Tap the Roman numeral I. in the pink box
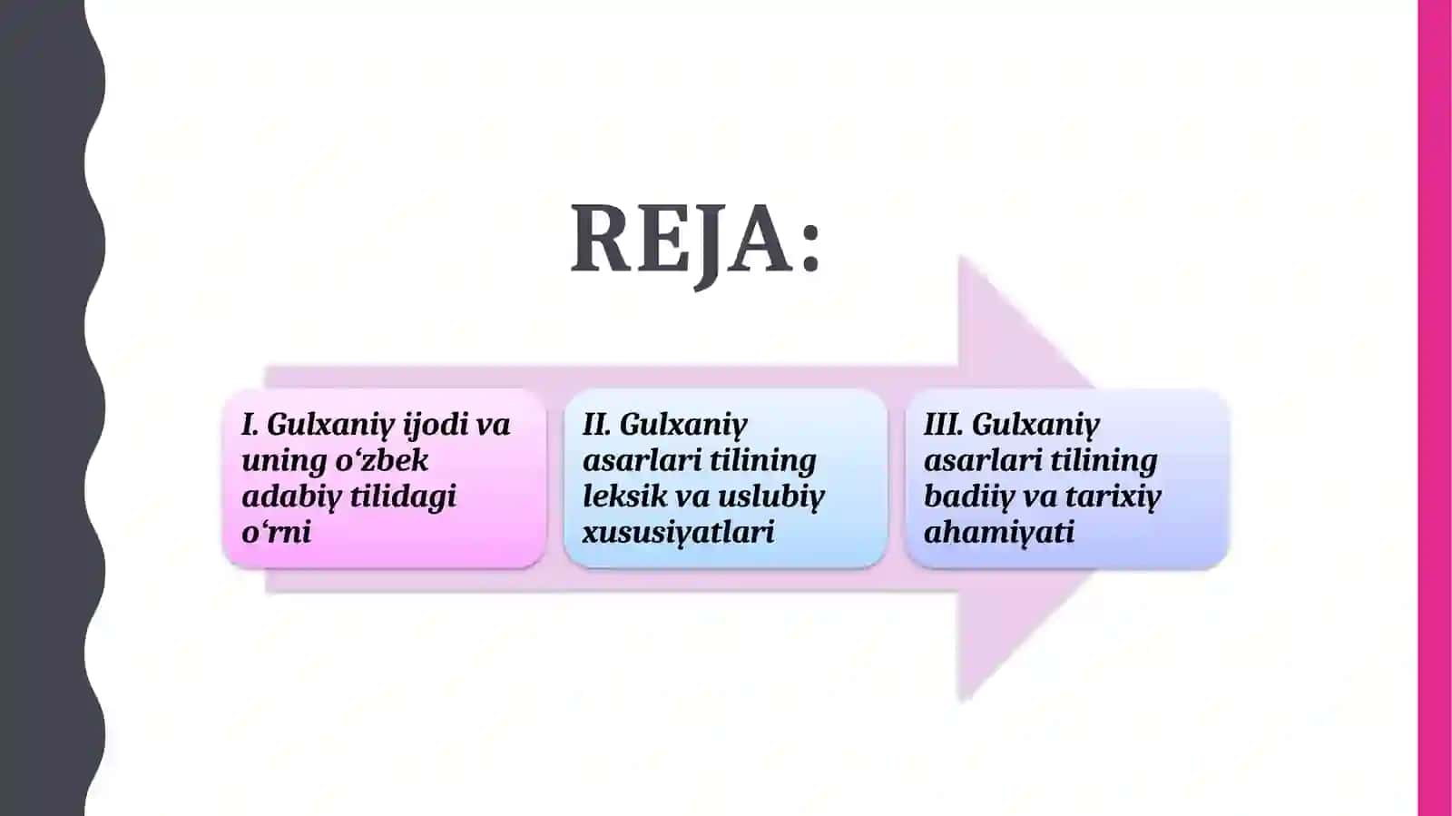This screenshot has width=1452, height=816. point(250,425)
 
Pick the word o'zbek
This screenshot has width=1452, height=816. point(382,461)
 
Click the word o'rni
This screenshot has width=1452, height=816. point(276,533)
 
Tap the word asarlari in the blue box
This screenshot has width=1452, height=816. point(642,461)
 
